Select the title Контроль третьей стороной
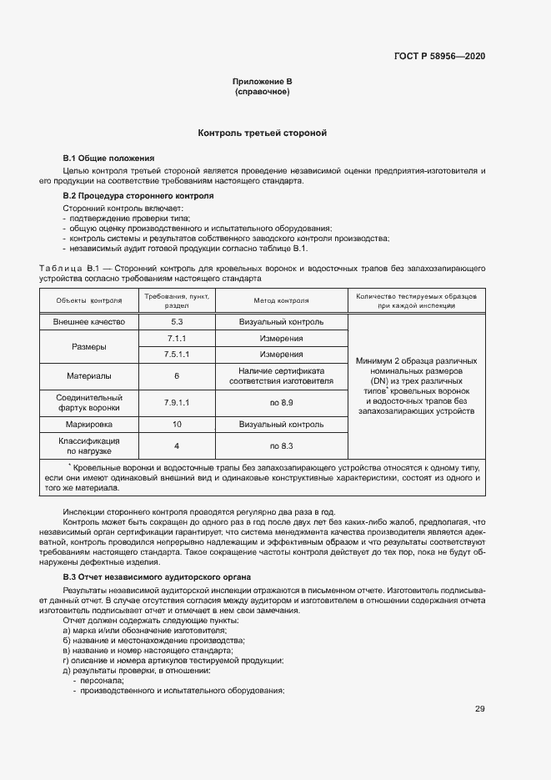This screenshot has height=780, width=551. click(262, 133)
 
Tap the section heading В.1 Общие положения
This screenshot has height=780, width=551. click(108, 159)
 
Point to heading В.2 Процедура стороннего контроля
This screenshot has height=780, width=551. click(138, 196)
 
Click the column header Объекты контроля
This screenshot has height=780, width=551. click(88, 301)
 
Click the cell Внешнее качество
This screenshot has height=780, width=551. click(88, 322)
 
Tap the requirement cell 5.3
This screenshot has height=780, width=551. click(177, 322)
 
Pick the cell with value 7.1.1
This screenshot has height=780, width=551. click(177, 339)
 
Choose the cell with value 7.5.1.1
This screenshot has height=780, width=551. click(177, 355)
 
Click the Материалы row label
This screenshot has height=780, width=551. click(88, 376)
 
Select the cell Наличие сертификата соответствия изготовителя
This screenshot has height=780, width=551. click(281, 376)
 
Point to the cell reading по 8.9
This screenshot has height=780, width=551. click(281, 403)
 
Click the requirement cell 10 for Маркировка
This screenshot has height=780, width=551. click(177, 425)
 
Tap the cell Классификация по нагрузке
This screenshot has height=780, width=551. click(88, 446)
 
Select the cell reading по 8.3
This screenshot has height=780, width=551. click(281, 446)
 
